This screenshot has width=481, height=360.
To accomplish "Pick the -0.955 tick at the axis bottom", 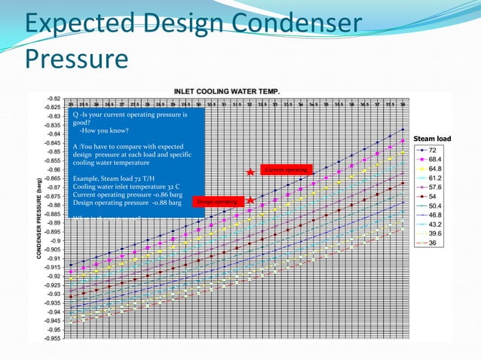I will tap(52, 338).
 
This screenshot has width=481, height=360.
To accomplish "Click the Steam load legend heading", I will tap(432, 139).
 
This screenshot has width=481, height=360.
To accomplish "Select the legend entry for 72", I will tap(430, 151).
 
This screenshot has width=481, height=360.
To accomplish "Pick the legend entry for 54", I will tap(430, 197).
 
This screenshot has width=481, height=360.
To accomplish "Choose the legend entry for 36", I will tap(430, 243).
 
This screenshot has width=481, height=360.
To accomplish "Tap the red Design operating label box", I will tap(217, 202).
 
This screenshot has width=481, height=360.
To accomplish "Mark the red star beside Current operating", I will tap(250, 172).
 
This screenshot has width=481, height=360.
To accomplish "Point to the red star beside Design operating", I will tap(250, 200).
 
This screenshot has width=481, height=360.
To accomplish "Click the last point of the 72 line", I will tap(403, 130).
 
